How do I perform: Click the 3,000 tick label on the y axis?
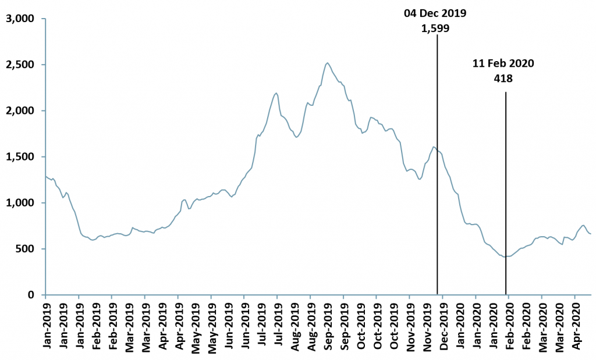coord(20,19)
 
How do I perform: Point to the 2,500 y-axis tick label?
coord(20,65)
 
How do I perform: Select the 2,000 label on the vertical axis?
coord(20,111)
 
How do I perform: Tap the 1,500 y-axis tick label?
coord(20,157)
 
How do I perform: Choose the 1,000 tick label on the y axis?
coord(20,203)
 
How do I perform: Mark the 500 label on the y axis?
coord(27,249)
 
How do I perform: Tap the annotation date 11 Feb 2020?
coord(503,63)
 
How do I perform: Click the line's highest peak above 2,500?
coord(328,63)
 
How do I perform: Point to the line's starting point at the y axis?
coord(45,176)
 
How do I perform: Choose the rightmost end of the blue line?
coord(591,234)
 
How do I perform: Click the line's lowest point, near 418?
coord(506,256)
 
